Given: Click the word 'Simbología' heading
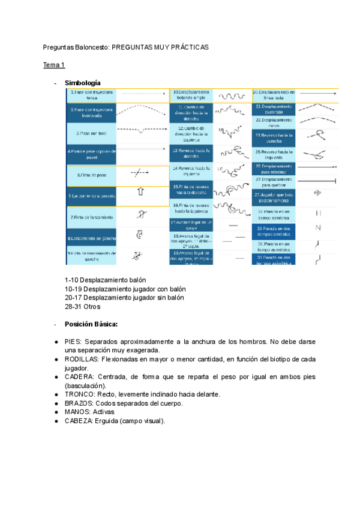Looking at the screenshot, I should [x=83, y=82].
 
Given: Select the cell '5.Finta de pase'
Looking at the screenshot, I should [x=92, y=175].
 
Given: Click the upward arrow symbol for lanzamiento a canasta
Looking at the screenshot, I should [x=142, y=193].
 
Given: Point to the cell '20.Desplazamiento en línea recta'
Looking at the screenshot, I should [x=274, y=95].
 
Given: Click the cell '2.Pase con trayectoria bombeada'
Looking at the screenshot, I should [x=92, y=112].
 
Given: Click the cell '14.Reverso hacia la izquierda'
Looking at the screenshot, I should [x=190, y=171].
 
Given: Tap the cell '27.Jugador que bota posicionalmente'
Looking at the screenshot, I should [x=274, y=197].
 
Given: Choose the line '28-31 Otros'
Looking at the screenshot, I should [x=83, y=306].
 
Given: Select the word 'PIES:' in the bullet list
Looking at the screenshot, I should [x=74, y=341].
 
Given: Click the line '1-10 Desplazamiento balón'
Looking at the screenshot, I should [x=105, y=280].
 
